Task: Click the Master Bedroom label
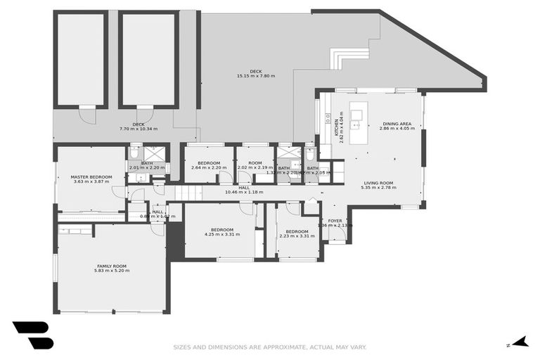click(x=92, y=176)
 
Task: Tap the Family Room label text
click(x=112, y=266)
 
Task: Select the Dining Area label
click(x=397, y=123)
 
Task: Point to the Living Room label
click(x=378, y=183)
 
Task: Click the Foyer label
click(x=335, y=221)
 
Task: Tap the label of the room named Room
click(x=255, y=163)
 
